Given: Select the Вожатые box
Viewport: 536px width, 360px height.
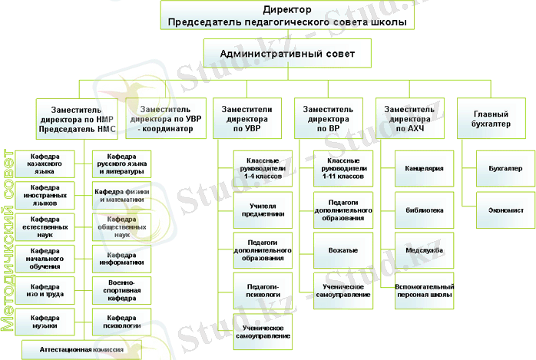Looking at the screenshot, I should [342, 251].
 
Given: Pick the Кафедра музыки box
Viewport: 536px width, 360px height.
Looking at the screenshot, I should [45, 321].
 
